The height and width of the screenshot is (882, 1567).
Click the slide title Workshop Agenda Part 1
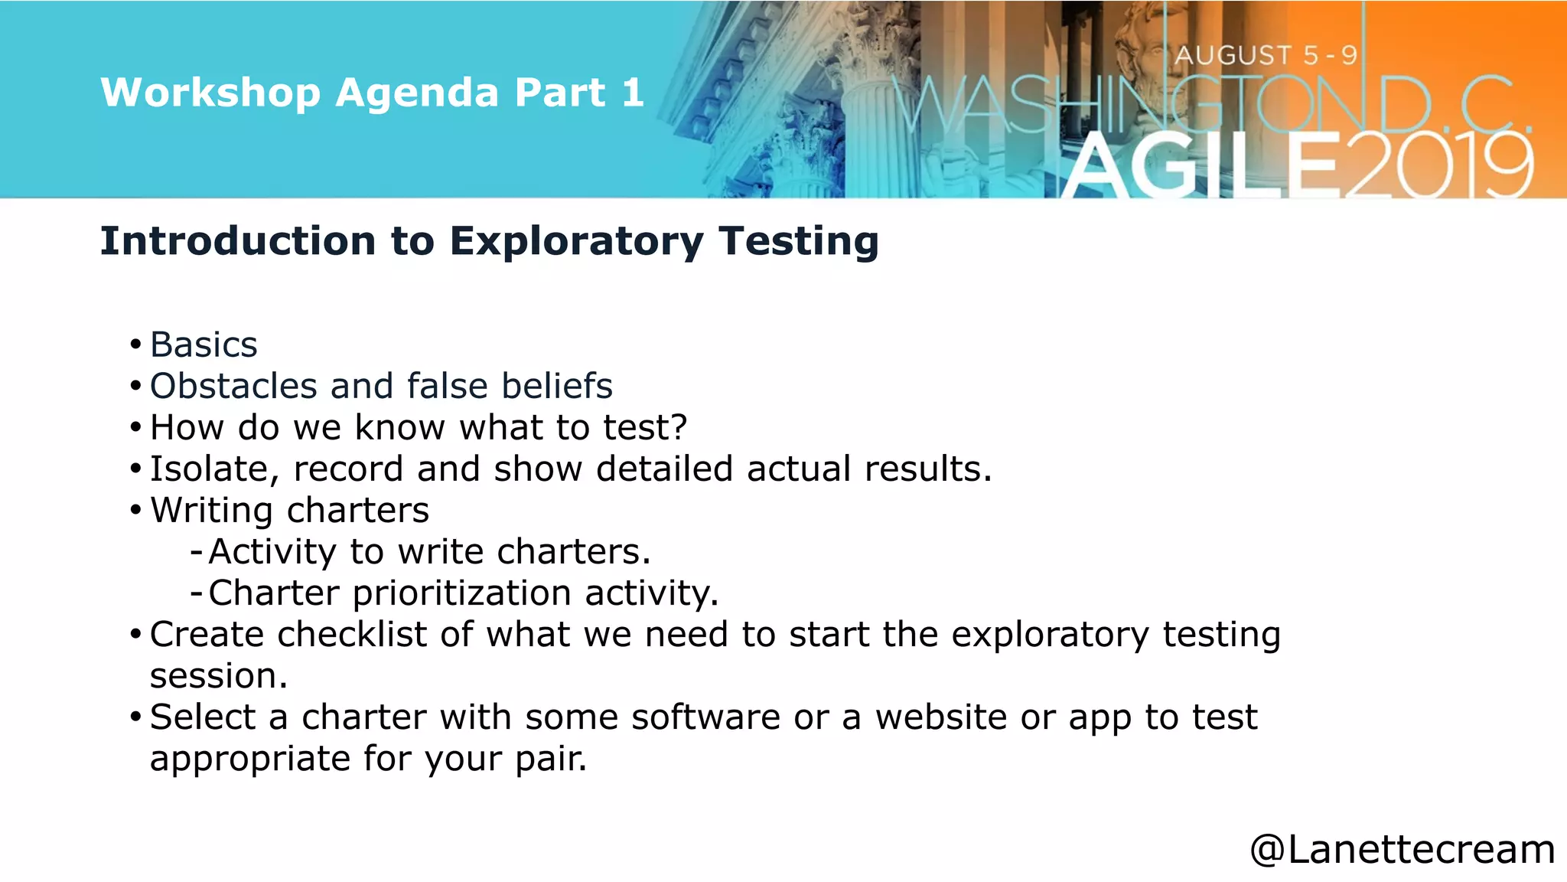click(372, 93)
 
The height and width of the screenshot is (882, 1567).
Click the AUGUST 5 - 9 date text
click(1266, 55)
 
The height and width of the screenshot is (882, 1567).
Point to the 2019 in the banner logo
click(1438, 165)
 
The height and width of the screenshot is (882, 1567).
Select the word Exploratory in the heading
click(576, 241)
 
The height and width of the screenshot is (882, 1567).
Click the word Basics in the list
click(204, 345)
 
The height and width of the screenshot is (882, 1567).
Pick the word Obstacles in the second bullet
click(233, 386)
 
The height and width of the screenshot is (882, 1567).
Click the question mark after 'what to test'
click(679, 427)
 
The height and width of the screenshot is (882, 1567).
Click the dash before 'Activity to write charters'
click(197, 551)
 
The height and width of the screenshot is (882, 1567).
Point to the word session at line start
click(217, 676)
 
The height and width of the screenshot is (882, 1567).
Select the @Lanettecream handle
click(1402, 849)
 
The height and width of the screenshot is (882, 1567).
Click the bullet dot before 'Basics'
click(135, 345)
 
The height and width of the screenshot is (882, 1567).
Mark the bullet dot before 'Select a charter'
click(135, 717)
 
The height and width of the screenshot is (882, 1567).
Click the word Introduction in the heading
click(238, 241)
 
